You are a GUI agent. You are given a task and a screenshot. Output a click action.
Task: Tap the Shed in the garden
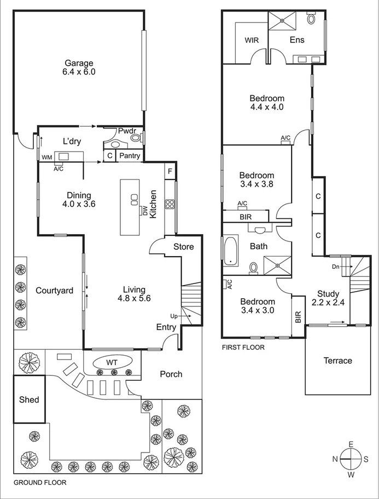click(x=29, y=399)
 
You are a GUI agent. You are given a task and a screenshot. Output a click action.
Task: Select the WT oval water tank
click(x=113, y=362)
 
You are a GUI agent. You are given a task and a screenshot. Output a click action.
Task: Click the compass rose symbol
click(x=351, y=459)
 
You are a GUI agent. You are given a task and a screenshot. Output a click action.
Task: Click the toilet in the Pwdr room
click(x=136, y=138)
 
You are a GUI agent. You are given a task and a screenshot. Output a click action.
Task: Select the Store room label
click(x=184, y=247)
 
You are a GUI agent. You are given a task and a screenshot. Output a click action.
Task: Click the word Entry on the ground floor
click(x=166, y=328)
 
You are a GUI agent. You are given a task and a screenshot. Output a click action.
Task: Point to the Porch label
click(x=171, y=374)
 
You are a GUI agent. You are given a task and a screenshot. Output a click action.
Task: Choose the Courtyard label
click(x=54, y=291)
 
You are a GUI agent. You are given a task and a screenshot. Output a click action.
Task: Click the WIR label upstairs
click(x=252, y=40)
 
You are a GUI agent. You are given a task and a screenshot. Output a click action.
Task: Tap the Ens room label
click(x=297, y=40)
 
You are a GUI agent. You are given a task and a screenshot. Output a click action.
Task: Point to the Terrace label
click(x=337, y=361)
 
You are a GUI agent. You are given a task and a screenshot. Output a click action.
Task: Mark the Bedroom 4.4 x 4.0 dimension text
click(x=267, y=107)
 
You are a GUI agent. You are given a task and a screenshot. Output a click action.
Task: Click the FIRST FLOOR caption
click(x=243, y=347)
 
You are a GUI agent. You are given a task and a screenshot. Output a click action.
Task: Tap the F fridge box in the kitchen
click(x=170, y=170)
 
